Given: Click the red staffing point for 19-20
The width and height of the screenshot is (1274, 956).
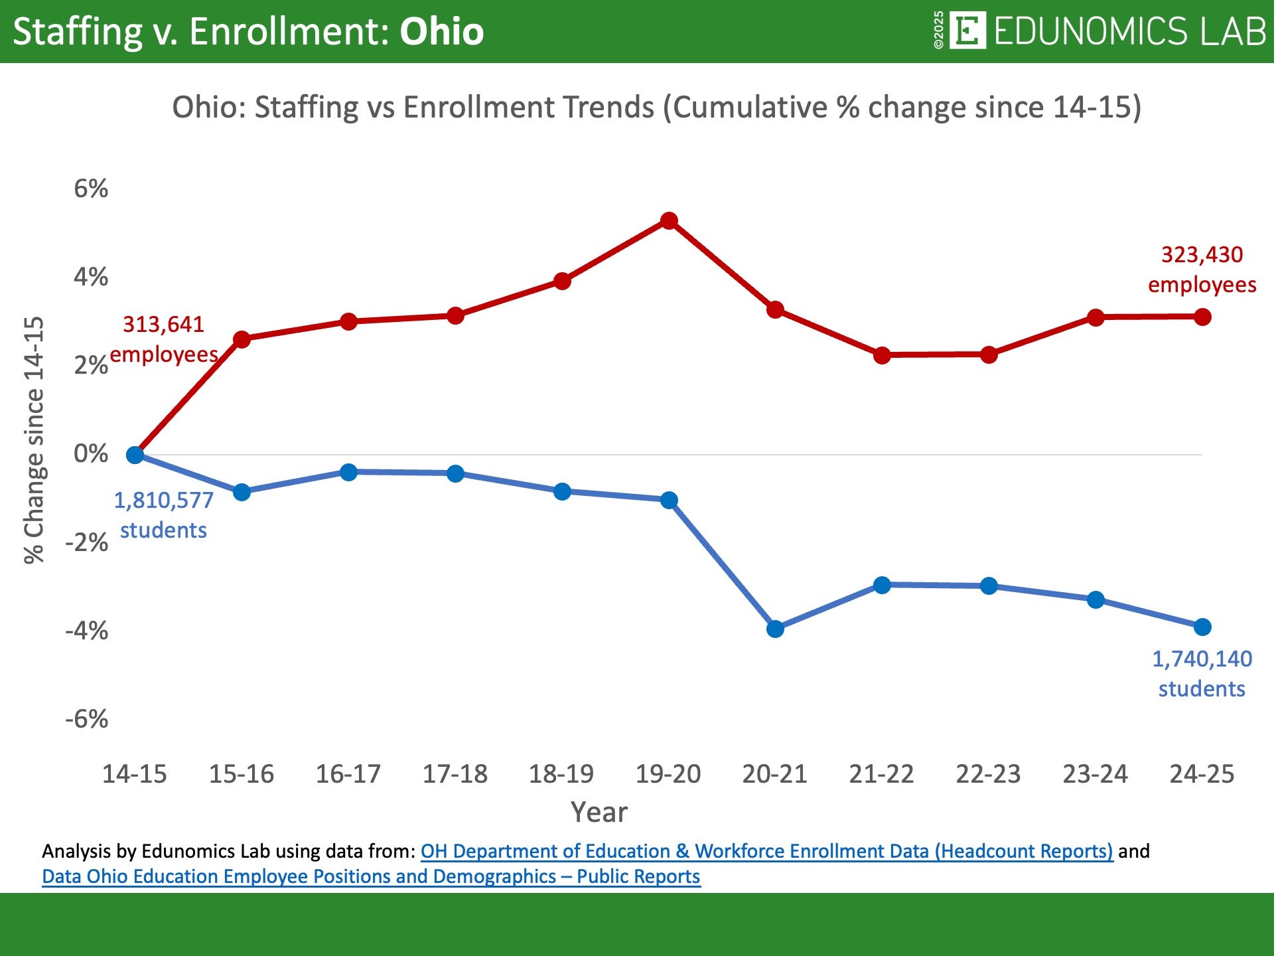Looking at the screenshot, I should coord(669,221).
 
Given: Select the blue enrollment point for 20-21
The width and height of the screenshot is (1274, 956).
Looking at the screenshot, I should coord(775,629).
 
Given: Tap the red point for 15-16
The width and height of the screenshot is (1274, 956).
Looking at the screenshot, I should coord(242,339).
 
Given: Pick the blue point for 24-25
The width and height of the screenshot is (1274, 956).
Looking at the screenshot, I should coord(1202,627).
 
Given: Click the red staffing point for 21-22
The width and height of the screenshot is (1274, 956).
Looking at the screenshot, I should coord(882,355).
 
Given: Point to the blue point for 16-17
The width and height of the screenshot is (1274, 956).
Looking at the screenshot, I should coord(348,472).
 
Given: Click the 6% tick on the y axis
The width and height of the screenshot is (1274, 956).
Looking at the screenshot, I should coord(91,189).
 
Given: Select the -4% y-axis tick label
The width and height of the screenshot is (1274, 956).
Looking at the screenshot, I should coord(87,630).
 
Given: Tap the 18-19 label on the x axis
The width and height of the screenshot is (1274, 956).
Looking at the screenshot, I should coord(561,774).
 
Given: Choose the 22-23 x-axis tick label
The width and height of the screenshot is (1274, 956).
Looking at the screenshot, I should coord(988,774).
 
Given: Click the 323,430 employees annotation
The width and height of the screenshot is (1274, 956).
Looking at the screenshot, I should coord(1202,270).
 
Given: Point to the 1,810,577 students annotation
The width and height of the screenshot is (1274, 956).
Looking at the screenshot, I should coord(163,515).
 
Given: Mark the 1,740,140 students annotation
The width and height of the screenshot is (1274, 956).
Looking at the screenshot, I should coord(1202,674).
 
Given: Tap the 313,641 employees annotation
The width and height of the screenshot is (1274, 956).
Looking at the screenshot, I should coord(163,339).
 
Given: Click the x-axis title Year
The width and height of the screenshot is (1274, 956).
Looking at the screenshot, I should coord(599,812).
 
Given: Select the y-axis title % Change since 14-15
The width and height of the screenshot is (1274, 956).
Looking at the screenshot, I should coord(35,439).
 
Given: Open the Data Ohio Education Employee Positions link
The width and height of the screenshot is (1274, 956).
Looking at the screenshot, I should coord(371,876).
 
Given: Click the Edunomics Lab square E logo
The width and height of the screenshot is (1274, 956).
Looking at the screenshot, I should coord(967,31).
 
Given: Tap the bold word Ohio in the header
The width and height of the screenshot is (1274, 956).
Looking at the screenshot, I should coord(441,31).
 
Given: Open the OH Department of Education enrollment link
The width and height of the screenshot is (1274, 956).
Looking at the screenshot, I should coord(766,851).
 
